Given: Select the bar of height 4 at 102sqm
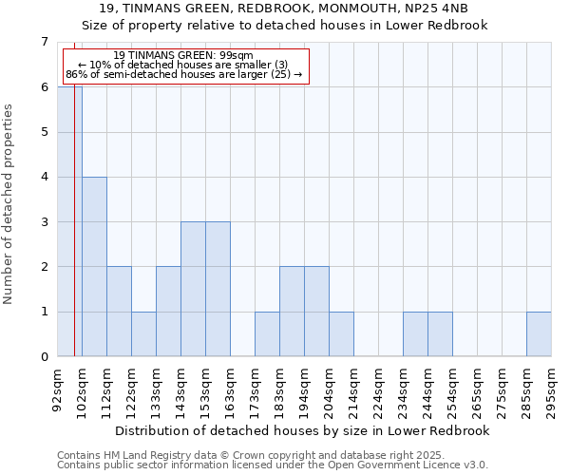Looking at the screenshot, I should tap(94, 267).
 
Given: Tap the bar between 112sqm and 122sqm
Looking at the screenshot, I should tap(119, 312).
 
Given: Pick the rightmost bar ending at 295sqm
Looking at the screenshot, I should tap(539, 334).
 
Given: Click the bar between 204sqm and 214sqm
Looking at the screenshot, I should tap(341, 334).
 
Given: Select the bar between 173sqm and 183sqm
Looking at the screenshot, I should tap(267, 334).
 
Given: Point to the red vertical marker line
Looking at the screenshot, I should tap(74, 237).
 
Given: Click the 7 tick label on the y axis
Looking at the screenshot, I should tap(44, 42).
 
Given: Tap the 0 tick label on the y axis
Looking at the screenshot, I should tap(44, 357).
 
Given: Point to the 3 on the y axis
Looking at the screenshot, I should tap(44, 222).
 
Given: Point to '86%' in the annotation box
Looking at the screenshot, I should tap(76, 74).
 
